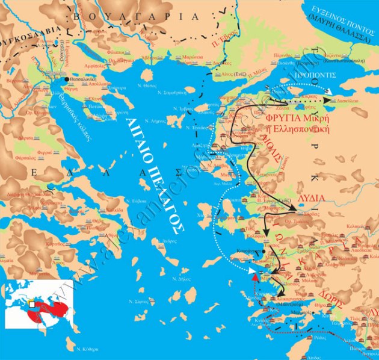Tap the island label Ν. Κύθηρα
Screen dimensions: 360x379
88,349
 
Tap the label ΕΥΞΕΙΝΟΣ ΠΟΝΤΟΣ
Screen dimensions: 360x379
342,11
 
